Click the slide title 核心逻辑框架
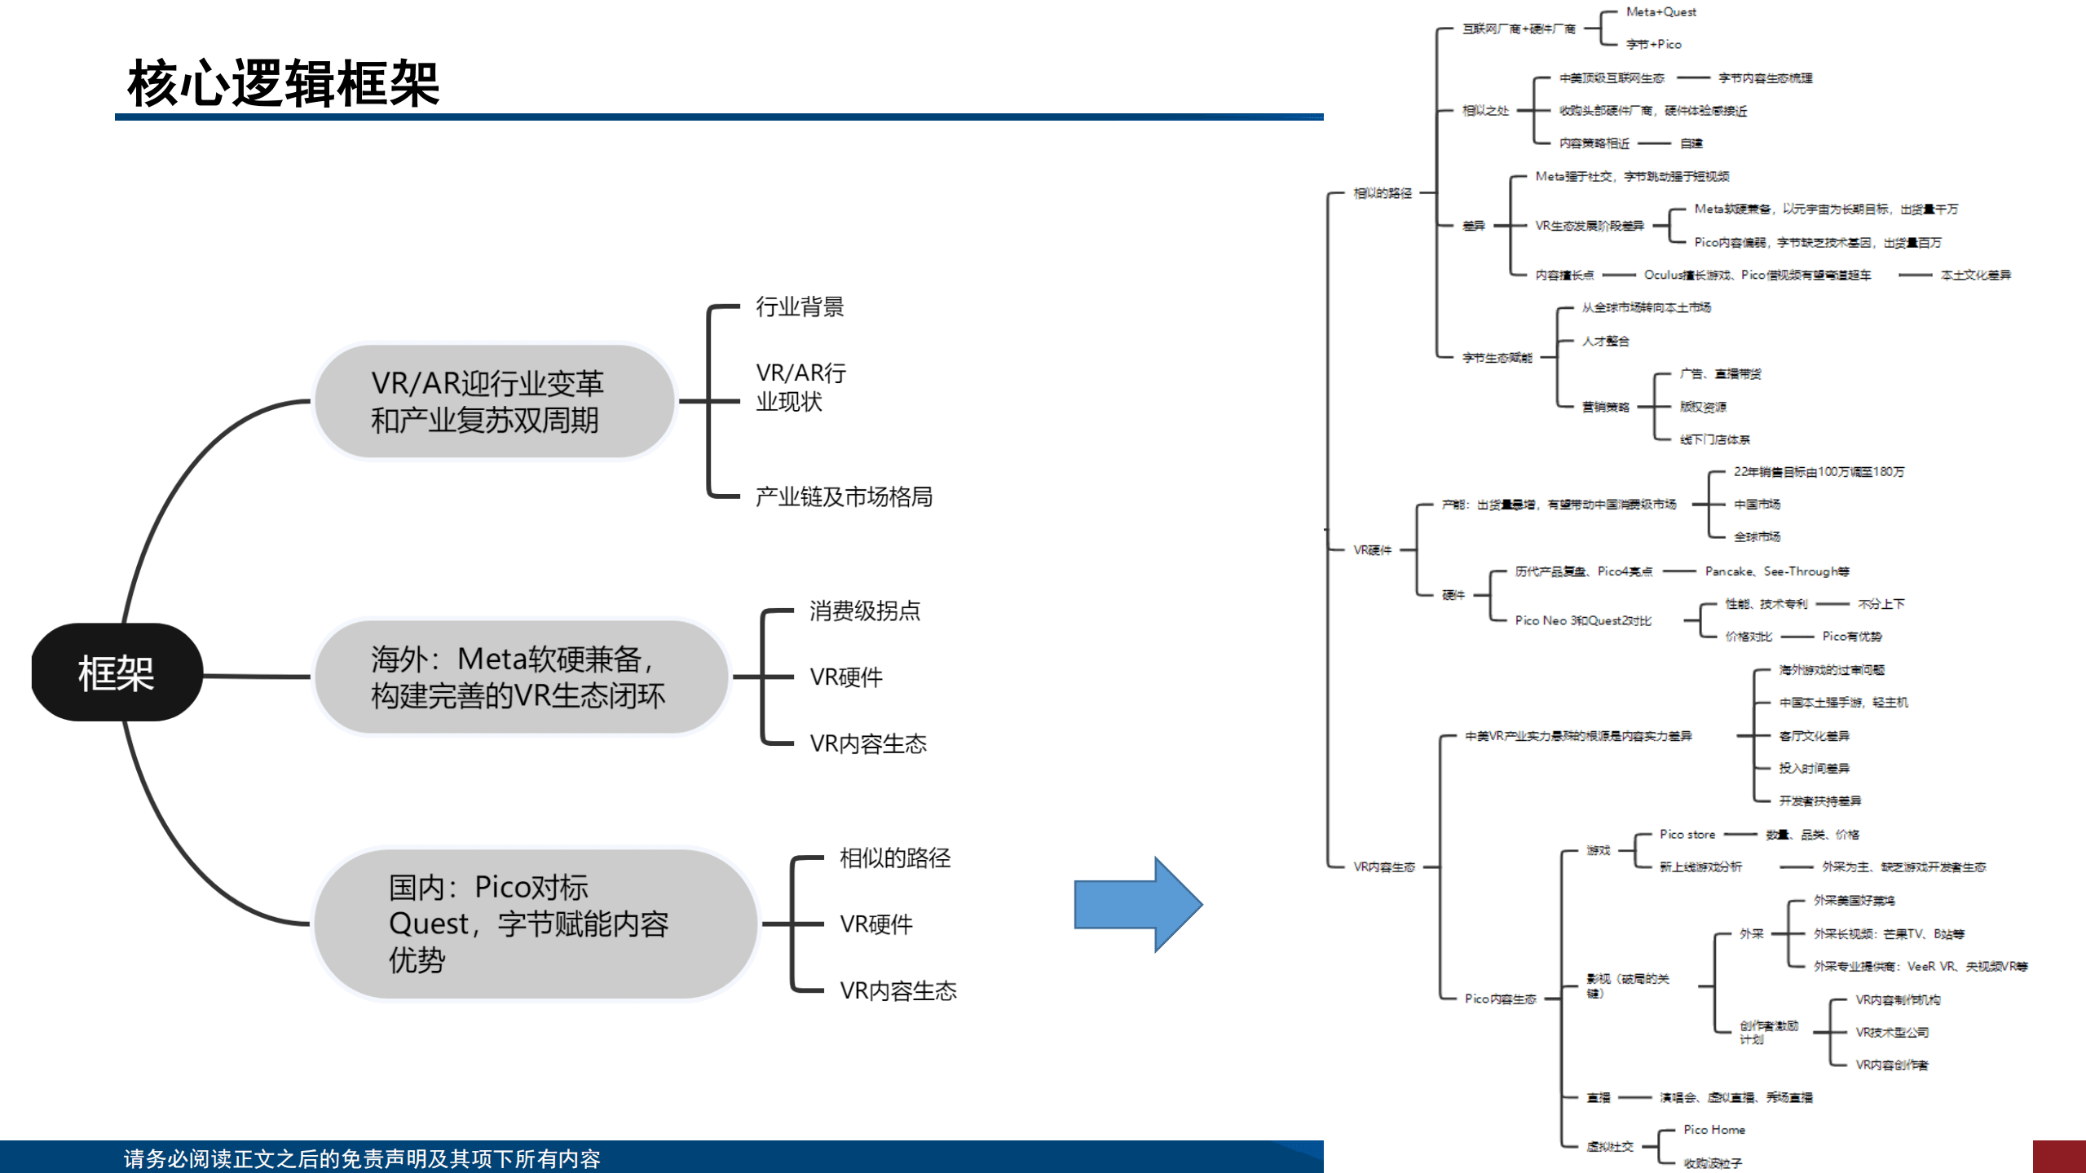coord(283,82)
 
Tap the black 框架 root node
coord(116,673)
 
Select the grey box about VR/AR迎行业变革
coord(493,401)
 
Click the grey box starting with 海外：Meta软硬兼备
coord(519,677)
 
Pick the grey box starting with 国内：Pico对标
coord(534,924)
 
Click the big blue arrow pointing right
coord(1138,904)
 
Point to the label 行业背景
coord(800,307)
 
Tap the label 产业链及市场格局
coord(844,496)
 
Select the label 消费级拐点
coord(864,611)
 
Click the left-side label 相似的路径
coord(894,858)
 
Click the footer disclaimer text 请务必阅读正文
coord(362,1158)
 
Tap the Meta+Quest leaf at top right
coord(1660,12)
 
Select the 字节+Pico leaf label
coord(1653,45)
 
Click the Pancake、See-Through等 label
coord(1777,571)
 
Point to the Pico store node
coord(1687,835)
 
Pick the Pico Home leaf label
coord(1713,1130)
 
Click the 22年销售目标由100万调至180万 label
coord(1819,472)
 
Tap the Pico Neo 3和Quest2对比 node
coord(1583,620)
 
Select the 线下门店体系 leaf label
coord(1714,439)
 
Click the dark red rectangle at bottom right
coord(2058,1157)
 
